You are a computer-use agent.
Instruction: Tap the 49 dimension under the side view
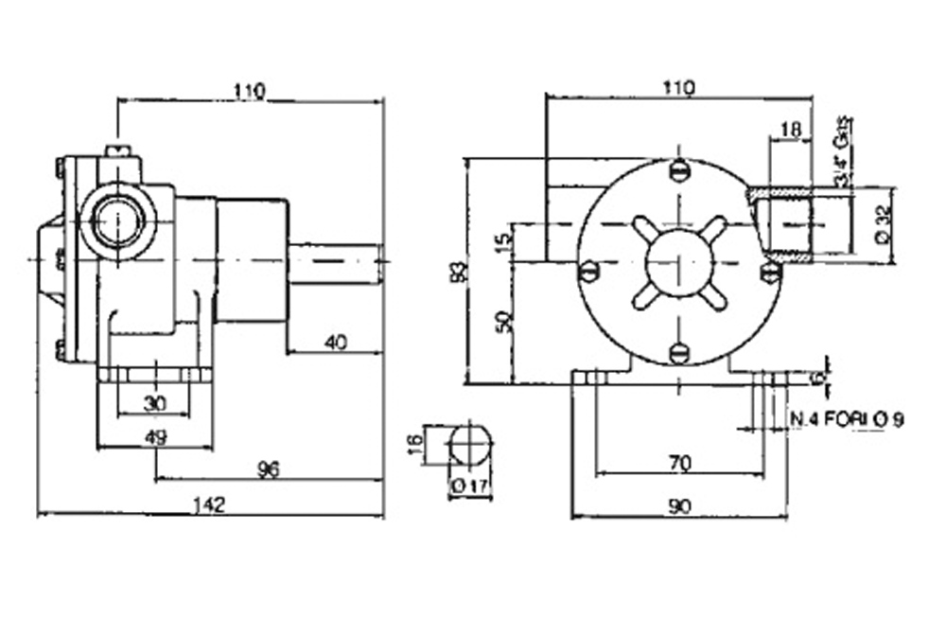pos(157,436)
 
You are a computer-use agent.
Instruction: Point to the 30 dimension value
pos(156,403)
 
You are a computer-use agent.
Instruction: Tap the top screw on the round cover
pos(677,171)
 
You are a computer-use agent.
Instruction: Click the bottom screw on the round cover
pos(677,353)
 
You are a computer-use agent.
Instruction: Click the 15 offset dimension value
pos(504,237)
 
